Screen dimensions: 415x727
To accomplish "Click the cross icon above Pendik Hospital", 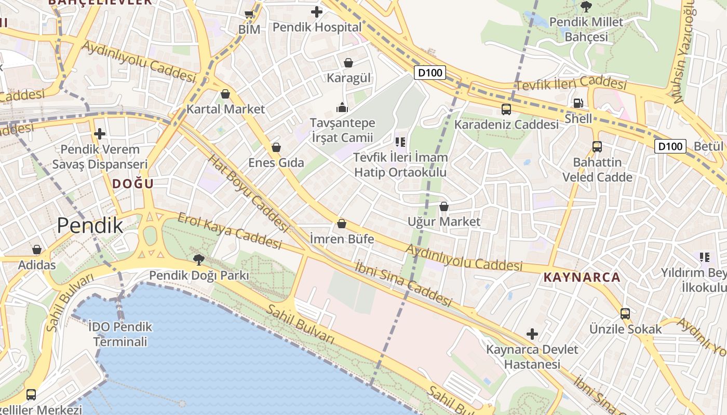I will click(x=316, y=11).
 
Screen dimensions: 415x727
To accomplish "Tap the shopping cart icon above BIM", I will click(x=249, y=14).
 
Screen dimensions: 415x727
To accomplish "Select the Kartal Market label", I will click(x=225, y=109).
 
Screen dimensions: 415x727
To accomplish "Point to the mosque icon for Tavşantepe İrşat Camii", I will click(x=342, y=107).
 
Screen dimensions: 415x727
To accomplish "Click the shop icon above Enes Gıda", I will click(x=276, y=147).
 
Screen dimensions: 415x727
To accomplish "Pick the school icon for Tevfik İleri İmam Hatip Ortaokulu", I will click(x=400, y=142).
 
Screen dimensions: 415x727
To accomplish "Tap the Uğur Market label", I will click(x=444, y=222).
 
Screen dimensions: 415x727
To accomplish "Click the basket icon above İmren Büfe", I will click(x=342, y=224).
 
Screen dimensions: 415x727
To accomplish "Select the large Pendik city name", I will click(x=90, y=226).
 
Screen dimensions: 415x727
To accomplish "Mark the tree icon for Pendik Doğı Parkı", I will click(x=198, y=259).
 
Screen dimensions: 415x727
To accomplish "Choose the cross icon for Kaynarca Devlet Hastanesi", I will click(x=532, y=334).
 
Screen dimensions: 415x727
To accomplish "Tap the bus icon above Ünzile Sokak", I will click(x=625, y=314).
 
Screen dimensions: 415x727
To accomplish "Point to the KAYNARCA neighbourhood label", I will click(x=582, y=277).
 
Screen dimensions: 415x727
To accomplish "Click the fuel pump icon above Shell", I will click(x=578, y=103).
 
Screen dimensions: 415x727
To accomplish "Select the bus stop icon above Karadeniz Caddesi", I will click(x=506, y=109).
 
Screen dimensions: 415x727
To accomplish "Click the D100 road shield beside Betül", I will click(x=670, y=146).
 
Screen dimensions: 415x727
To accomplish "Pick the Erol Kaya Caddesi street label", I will click(x=229, y=230).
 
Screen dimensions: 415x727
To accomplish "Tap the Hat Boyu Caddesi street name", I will click(x=248, y=192).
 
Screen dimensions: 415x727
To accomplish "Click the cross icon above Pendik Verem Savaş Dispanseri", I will click(x=100, y=134).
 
